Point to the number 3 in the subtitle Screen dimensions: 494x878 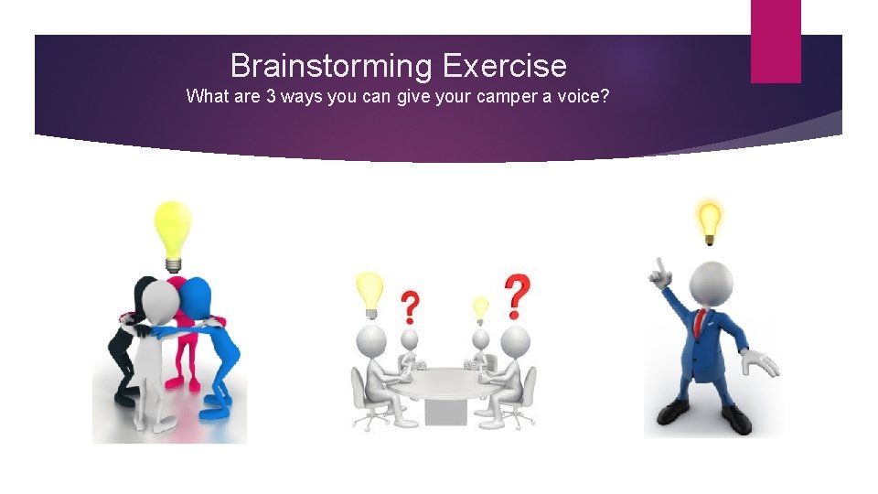[x=271, y=96]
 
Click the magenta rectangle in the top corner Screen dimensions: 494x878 [x=776, y=41]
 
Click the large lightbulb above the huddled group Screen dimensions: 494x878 [x=172, y=231]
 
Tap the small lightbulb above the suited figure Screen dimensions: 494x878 [x=709, y=220]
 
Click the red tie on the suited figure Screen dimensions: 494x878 [x=700, y=323]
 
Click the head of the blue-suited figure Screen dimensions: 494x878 [x=710, y=285]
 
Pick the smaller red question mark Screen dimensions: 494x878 [x=411, y=306]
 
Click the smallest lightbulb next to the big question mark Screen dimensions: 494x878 [x=480, y=309]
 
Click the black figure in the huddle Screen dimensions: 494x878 [x=126, y=348]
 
